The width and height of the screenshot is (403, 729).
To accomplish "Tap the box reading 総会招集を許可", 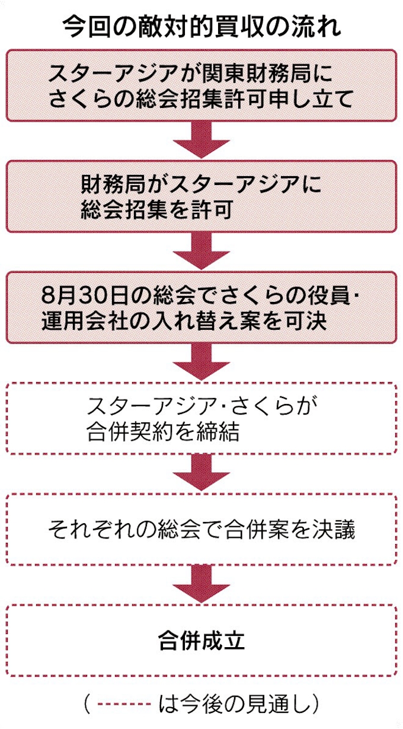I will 201,196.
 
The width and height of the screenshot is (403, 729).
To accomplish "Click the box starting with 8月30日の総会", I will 201,307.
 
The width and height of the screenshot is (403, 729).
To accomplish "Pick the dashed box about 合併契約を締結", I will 201,418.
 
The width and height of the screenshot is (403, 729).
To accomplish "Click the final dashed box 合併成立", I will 201,641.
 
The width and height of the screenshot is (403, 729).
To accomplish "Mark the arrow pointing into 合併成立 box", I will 201,585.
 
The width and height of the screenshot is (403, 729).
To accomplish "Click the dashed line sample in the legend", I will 124,704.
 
